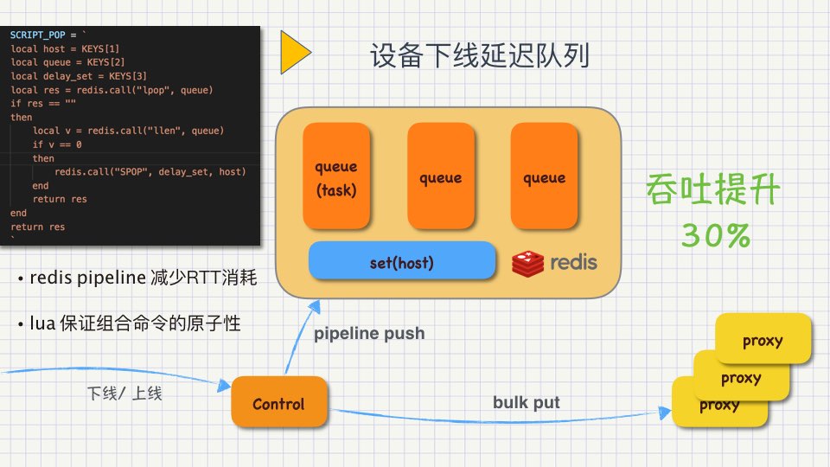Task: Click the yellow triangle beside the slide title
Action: point(294,54)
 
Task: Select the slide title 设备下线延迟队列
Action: point(480,57)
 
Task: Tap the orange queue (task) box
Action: point(335,177)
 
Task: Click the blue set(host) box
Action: point(402,262)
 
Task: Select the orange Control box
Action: point(278,403)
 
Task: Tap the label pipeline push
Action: point(369,333)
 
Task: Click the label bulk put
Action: point(527,402)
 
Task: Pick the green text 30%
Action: point(715,235)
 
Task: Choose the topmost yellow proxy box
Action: point(763,340)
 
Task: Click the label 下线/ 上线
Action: point(124,393)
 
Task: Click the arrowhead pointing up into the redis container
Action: point(316,306)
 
